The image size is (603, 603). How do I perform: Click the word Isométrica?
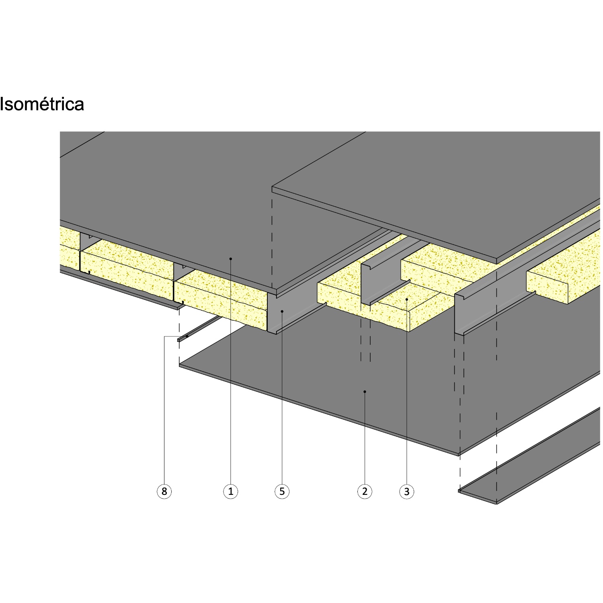(x=42, y=104)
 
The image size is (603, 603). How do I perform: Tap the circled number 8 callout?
(x=164, y=491)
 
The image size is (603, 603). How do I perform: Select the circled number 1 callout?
(x=231, y=491)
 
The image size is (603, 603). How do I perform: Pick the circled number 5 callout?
(x=282, y=491)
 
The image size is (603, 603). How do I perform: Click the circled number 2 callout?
(x=365, y=491)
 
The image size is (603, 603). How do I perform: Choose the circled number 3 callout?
(x=407, y=491)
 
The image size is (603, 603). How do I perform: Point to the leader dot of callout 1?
(x=231, y=258)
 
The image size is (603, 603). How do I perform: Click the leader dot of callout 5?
(x=282, y=311)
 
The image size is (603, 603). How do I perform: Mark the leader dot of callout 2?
(x=365, y=391)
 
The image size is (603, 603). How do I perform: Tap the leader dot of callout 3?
(x=407, y=299)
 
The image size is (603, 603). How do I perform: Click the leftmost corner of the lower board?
(x=179, y=365)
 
